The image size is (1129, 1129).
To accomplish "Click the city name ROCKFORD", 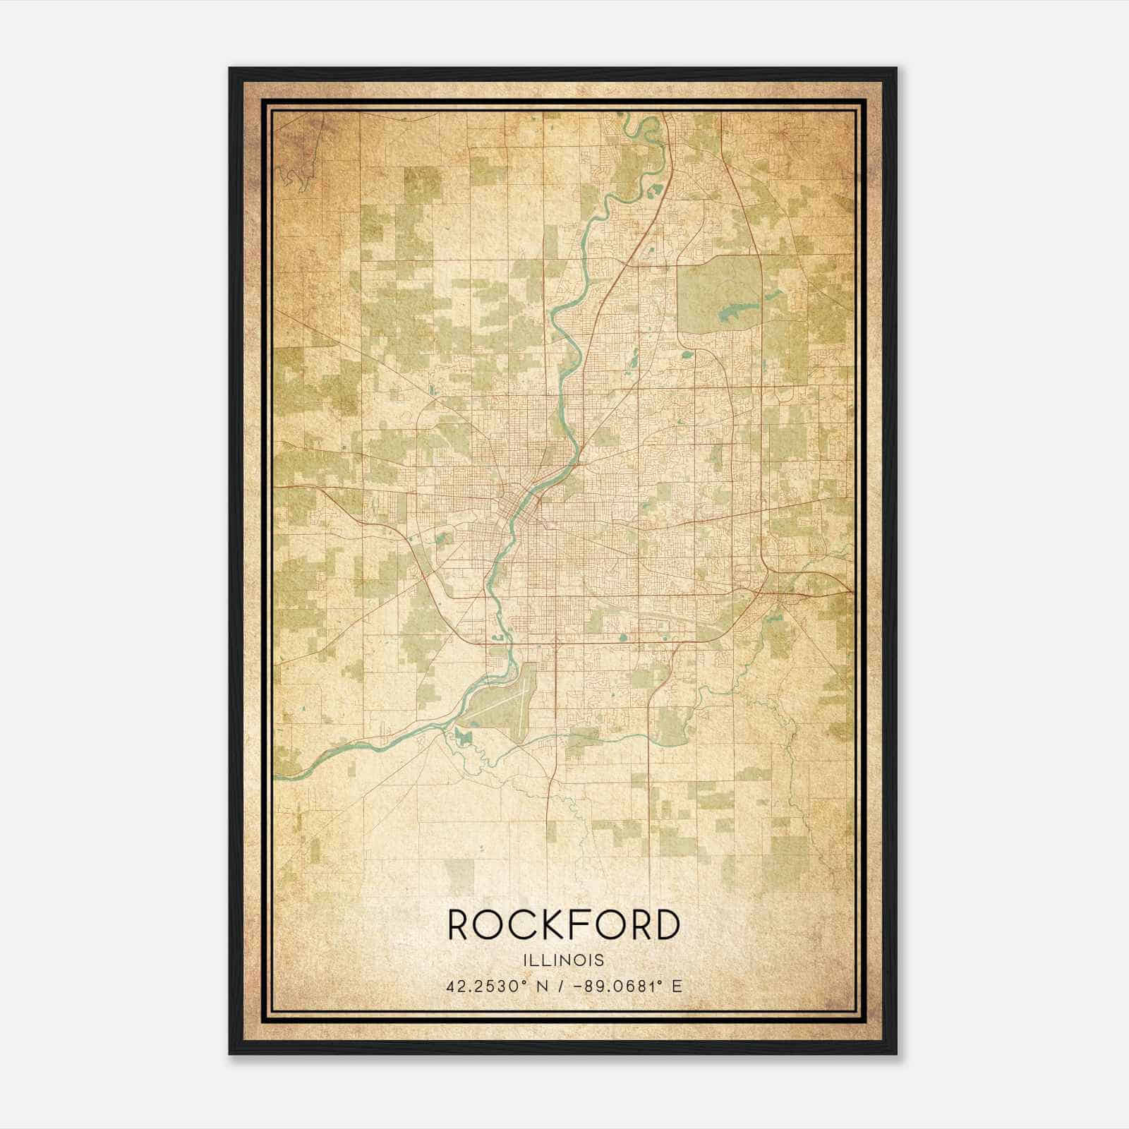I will click(564, 925).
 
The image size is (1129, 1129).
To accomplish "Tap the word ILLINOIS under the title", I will click(564, 960).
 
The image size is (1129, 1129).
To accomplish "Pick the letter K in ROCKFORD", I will click(545, 925).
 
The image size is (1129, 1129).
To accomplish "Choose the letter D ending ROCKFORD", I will click(666, 925).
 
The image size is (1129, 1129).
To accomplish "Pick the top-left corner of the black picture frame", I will click(230, 68).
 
